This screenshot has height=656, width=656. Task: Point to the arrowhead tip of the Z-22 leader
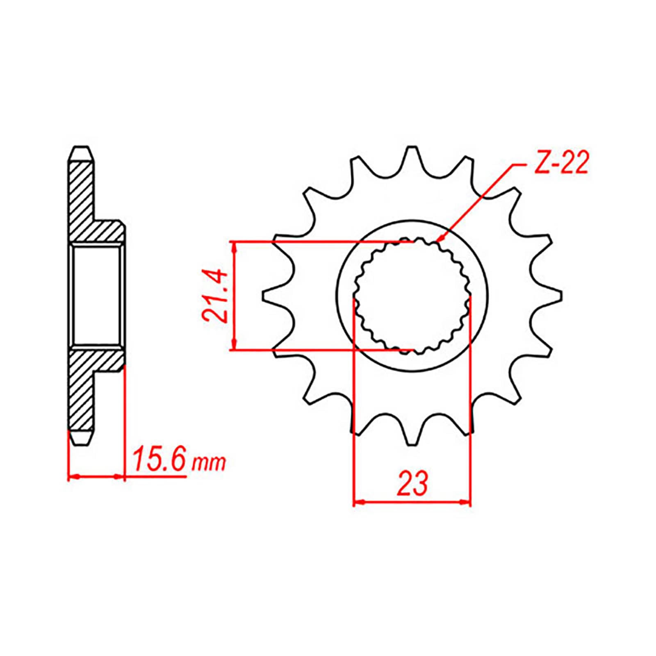437,241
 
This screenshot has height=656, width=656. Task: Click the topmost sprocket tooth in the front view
411,152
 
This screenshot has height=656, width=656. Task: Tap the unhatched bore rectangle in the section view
97,296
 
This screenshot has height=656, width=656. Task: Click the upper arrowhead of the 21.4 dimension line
234,246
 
